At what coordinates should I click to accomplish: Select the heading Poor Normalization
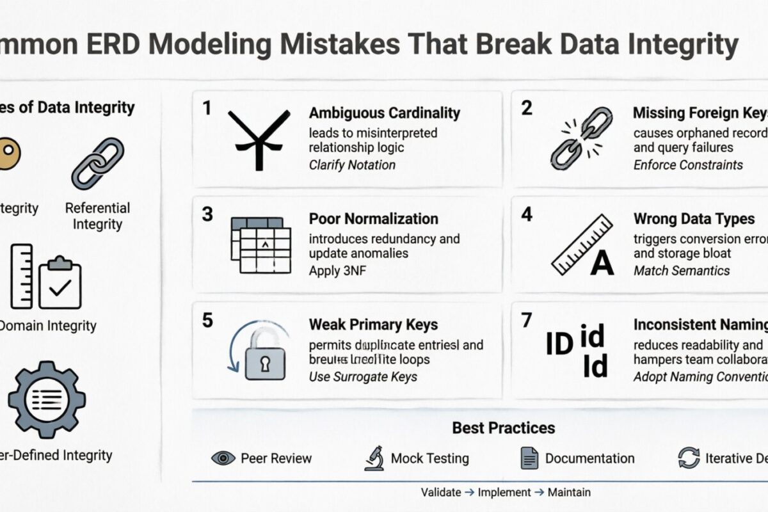point(374,219)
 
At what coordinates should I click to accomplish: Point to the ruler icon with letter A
point(582,246)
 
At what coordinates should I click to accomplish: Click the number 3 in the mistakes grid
point(207,214)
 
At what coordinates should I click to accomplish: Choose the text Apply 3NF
point(338,270)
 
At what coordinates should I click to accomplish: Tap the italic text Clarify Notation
point(352,164)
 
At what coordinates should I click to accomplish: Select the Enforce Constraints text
point(688,164)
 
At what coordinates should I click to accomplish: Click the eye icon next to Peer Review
point(223,458)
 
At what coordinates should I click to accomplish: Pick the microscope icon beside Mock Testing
point(374,458)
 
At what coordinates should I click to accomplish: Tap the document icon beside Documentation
point(529,458)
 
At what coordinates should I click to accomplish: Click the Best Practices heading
point(504,428)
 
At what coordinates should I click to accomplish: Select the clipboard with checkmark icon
point(60,282)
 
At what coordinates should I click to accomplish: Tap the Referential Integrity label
point(97,216)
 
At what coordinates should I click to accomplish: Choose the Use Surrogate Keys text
point(363,376)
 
